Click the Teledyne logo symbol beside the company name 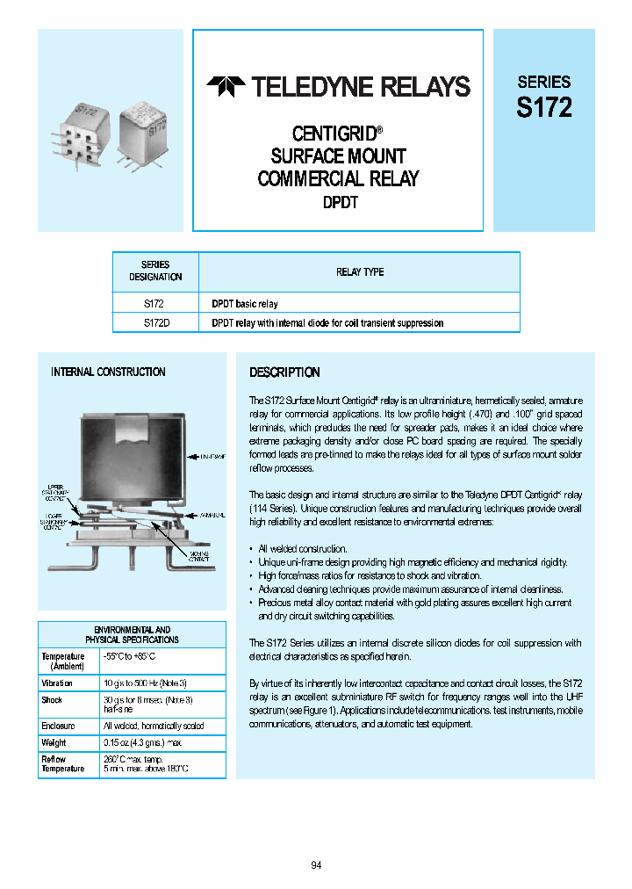[x=226, y=86]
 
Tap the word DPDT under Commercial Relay [x=337, y=202]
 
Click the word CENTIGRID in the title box [x=334, y=134]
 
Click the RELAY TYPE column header [x=360, y=272]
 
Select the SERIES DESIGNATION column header [x=155, y=271]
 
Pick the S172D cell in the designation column [x=155, y=323]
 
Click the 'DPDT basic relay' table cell [x=245, y=304]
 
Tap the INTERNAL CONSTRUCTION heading [x=108, y=372]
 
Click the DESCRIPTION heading [x=284, y=372]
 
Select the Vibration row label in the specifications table [x=57, y=683]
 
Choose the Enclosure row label [x=58, y=726]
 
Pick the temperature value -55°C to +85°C [x=136, y=657]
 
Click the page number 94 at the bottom [x=316, y=865]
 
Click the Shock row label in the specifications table [x=52, y=700]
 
